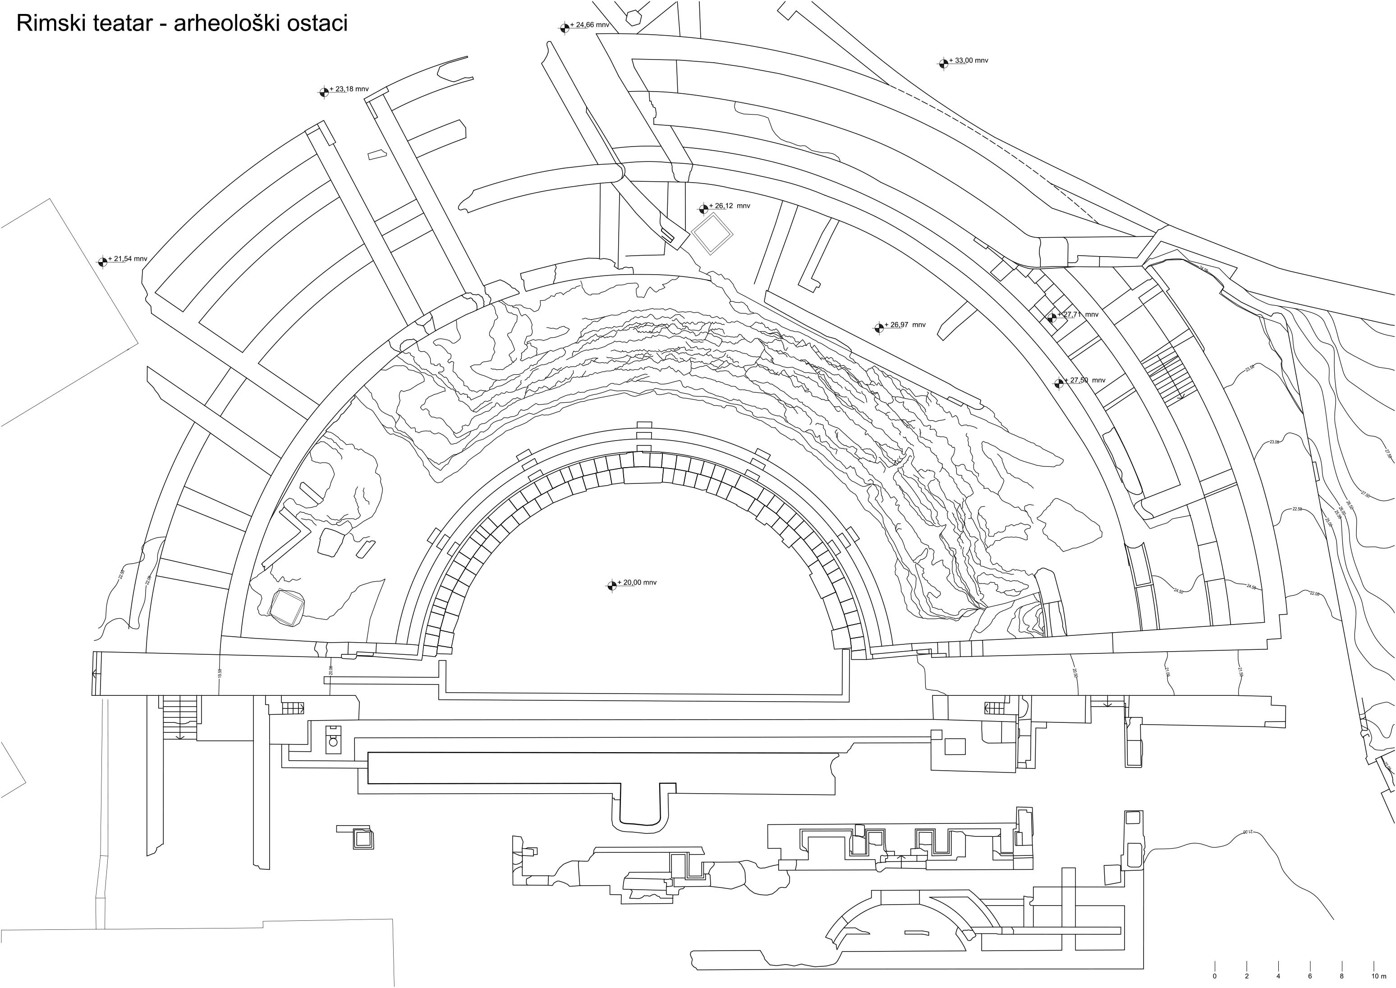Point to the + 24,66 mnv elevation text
click(589, 25)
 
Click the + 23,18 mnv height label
click(349, 89)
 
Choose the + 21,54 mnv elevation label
click(127, 258)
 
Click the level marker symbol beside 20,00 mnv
click(611, 585)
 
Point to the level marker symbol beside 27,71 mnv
click(1052, 317)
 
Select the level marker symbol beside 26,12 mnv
click(704, 209)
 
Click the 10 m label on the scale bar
click(1375, 976)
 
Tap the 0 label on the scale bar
click(1215, 976)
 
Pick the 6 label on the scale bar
click(1309, 976)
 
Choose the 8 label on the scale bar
click(1341, 976)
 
